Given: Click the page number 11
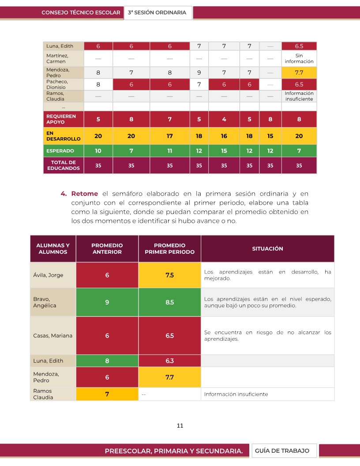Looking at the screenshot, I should pyautogui.click(x=180, y=426).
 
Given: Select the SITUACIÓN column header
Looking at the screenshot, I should pyautogui.click(x=267, y=248).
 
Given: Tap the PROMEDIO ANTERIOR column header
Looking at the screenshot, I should pyautogui.click(x=107, y=248).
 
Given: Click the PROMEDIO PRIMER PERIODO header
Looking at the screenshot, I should pyautogui.click(x=170, y=248).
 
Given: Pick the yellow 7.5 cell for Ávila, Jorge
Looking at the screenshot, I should pyautogui.click(x=170, y=275).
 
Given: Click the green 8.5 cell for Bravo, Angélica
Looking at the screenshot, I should pyautogui.click(x=170, y=302).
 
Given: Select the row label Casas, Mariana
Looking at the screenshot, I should pyautogui.click(x=53, y=335).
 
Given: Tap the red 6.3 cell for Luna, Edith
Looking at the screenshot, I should pyautogui.click(x=170, y=361).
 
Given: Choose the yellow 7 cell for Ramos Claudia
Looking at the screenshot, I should pyautogui.click(x=107, y=394).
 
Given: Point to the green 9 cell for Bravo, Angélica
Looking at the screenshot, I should pyautogui.click(x=107, y=302).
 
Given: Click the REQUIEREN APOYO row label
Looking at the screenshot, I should pyautogui.click(x=64, y=119).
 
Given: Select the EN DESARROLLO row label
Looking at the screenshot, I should pyautogui.click(x=64, y=136).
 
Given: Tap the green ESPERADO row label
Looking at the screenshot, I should pyautogui.click(x=64, y=151).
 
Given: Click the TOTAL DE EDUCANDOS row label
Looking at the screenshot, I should pyautogui.click(x=64, y=165).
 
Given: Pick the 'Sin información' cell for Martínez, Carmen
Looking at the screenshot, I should pyautogui.click(x=299, y=58).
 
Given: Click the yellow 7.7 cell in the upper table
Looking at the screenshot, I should pyautogui.click(x=299, y=72).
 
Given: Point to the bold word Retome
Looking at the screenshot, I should pyautogui.click(x=85, y=194).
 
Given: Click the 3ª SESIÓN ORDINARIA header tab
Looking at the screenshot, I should pyautogui.click(x=157, y=13).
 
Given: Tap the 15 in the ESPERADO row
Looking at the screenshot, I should pyautogui.click(x=224, y=151).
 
